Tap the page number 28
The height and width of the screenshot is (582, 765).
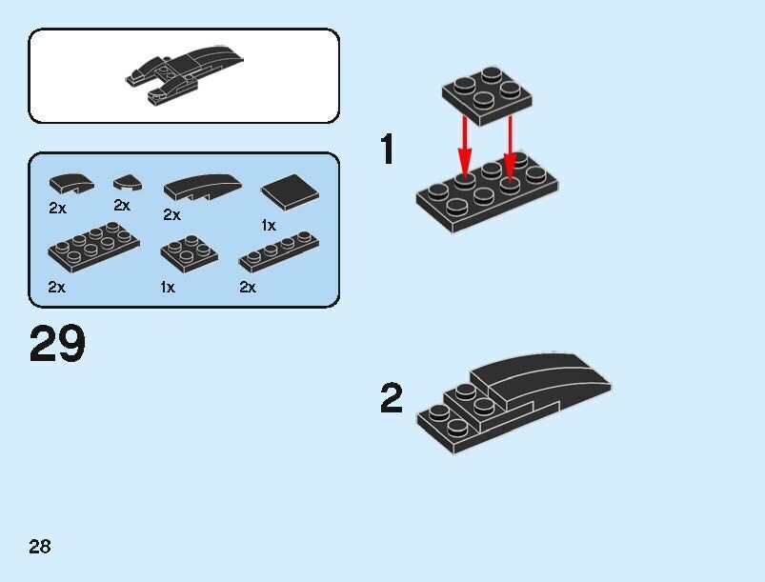click(39, 547)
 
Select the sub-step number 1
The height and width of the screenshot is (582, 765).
click(388, 149)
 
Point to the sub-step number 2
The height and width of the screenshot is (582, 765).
click(392, 398)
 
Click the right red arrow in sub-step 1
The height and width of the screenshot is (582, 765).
click(510, 148)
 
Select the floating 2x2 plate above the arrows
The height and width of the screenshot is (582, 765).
click(487, 96)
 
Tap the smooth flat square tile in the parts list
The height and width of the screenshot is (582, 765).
click(290, 191)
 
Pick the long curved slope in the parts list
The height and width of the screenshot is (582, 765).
click(203, 188)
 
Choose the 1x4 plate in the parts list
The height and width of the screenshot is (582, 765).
click(279, 251)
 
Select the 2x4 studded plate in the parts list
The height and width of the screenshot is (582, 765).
click(93, 247)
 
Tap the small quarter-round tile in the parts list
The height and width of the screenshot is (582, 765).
click(128, 183)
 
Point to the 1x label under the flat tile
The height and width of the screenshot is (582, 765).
click(269, 226)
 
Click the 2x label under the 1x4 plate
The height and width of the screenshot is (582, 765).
click(248, 287)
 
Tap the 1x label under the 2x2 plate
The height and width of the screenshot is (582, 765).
click(168, 287)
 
